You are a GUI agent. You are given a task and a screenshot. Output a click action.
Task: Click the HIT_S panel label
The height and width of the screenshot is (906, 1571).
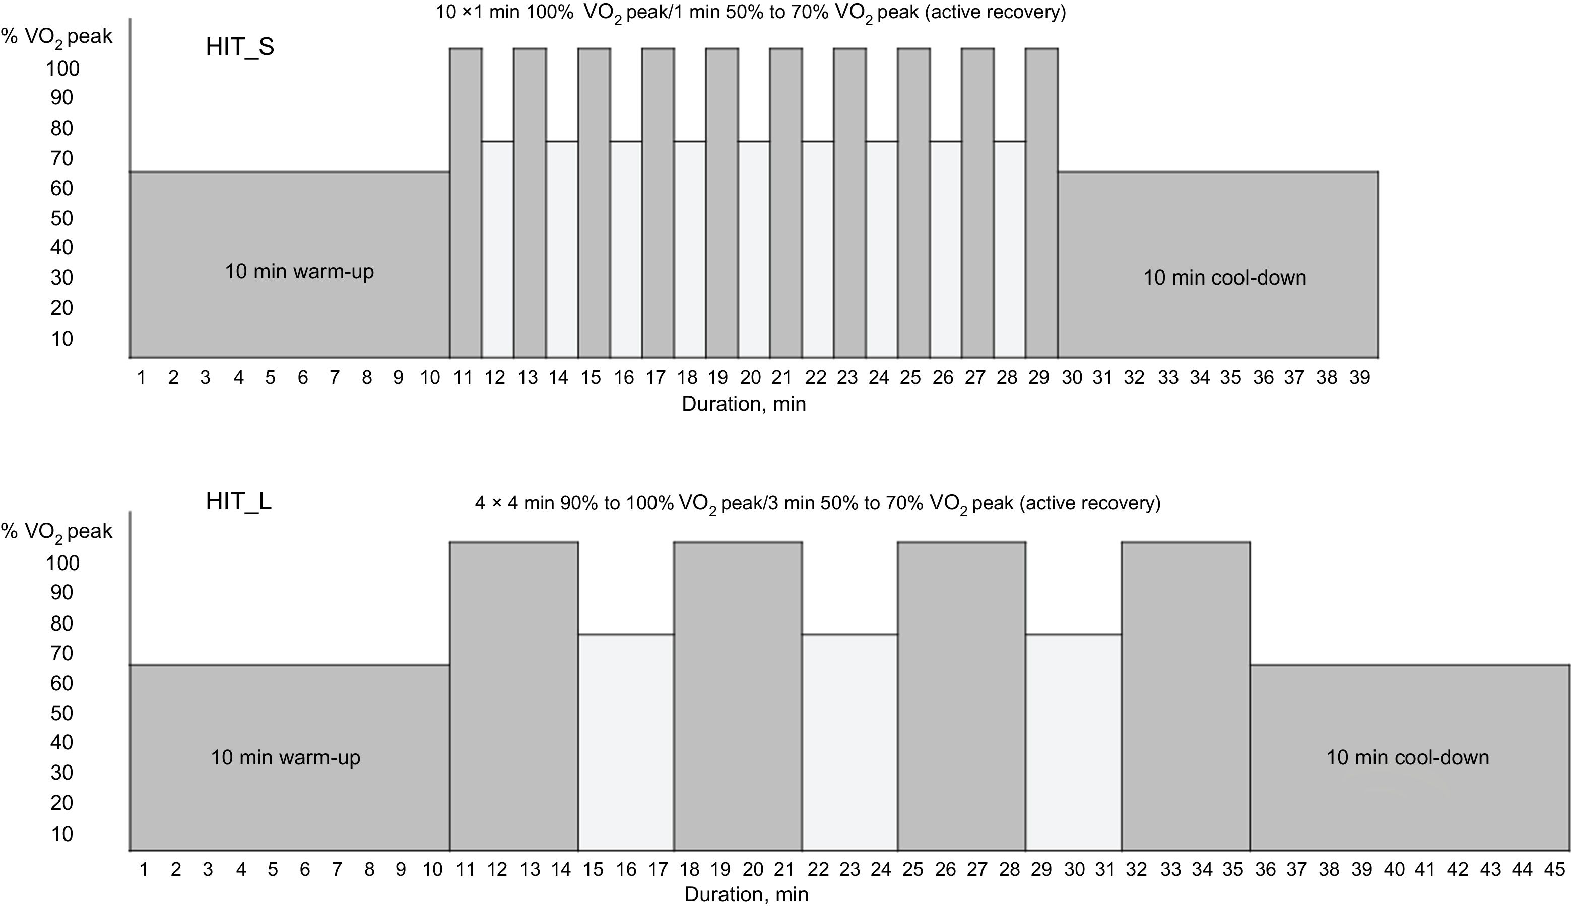240,47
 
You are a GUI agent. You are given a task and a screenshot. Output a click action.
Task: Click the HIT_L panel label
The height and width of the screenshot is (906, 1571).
238,502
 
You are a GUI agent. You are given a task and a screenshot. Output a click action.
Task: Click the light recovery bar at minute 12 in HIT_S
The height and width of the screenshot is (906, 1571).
497,249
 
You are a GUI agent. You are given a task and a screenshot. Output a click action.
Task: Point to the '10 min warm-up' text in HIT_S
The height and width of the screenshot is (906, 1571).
299,272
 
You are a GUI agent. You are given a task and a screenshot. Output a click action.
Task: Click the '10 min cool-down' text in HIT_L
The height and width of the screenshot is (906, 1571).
1407,757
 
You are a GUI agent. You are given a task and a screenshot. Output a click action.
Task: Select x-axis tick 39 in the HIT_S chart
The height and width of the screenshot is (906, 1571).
1359,378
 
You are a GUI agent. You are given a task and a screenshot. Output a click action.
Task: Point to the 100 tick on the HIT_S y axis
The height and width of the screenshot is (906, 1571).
62,68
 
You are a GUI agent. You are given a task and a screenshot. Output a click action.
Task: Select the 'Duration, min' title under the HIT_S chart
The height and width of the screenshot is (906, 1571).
744,404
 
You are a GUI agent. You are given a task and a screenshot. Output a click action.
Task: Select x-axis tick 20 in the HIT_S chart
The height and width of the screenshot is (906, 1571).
750,378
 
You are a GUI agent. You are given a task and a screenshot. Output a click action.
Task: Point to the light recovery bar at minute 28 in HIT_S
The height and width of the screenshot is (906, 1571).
1009,249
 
